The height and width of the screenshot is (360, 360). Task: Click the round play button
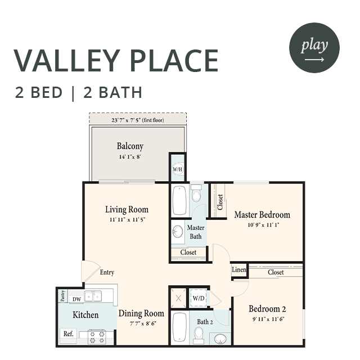point(314,48)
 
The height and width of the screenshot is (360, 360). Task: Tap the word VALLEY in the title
point(67,61)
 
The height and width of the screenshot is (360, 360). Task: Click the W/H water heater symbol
point(178,169)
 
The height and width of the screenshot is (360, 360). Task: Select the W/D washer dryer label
point(199,298)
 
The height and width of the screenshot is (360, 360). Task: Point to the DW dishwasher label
point(76,299)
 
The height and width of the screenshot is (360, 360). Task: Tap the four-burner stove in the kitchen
point(97,337)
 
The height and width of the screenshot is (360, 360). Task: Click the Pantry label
point(62,296)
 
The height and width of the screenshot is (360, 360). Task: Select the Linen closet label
point(239,269)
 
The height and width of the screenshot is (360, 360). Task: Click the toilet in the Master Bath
point(196,193)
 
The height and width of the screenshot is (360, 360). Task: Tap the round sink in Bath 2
point(220,339)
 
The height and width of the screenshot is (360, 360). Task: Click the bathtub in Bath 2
point(180,327)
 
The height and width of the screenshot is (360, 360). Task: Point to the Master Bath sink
point(178,231)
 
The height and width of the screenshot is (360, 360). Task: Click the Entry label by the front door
point(107,272)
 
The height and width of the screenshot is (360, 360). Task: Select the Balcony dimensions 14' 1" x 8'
point(130,157)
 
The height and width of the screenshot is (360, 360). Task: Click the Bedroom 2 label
point(268,309)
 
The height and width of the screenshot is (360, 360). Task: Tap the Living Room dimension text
point(128,220)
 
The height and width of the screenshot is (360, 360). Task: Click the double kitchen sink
point(93,296)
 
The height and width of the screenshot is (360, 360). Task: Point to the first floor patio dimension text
point(138,120)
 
